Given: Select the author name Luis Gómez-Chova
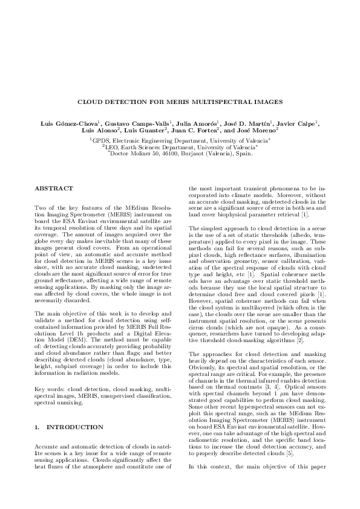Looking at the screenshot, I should click(x=64, y=123).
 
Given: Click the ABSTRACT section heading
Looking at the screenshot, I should click(x=54, y=189).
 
